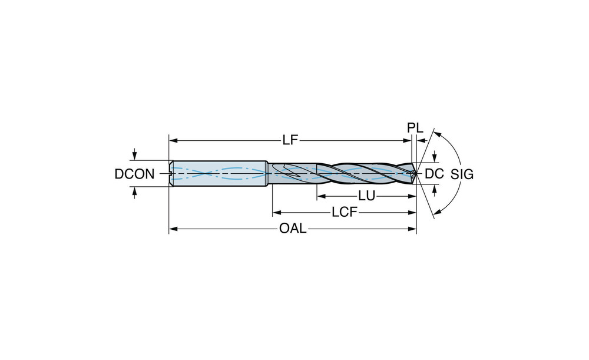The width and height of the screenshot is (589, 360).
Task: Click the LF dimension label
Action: point(290,141)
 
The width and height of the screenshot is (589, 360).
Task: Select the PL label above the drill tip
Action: point(415,128)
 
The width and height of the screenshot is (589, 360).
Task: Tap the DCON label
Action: point(134,174)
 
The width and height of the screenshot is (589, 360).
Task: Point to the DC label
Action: point(434,174)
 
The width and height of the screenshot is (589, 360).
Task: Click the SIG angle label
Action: point(462,174)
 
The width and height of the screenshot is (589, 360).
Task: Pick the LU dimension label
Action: point(366,196)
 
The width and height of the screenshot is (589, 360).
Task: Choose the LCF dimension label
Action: point(344,212)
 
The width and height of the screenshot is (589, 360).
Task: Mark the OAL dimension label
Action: point(293,229)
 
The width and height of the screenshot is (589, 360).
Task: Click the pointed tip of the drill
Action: point(416,174)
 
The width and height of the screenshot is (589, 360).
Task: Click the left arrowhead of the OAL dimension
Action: point(173,229)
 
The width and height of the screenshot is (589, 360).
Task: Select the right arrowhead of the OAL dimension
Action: point(412,229)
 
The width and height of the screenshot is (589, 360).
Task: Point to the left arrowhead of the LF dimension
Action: point(173,141)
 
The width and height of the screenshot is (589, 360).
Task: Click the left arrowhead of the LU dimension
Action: point(321,196)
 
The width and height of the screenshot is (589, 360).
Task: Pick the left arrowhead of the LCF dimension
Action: point(277,212)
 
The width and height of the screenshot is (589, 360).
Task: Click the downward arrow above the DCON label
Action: point(135,154)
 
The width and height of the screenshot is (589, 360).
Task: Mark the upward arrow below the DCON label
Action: point(135,193)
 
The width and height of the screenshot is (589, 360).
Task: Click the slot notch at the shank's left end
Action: point(171,174)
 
